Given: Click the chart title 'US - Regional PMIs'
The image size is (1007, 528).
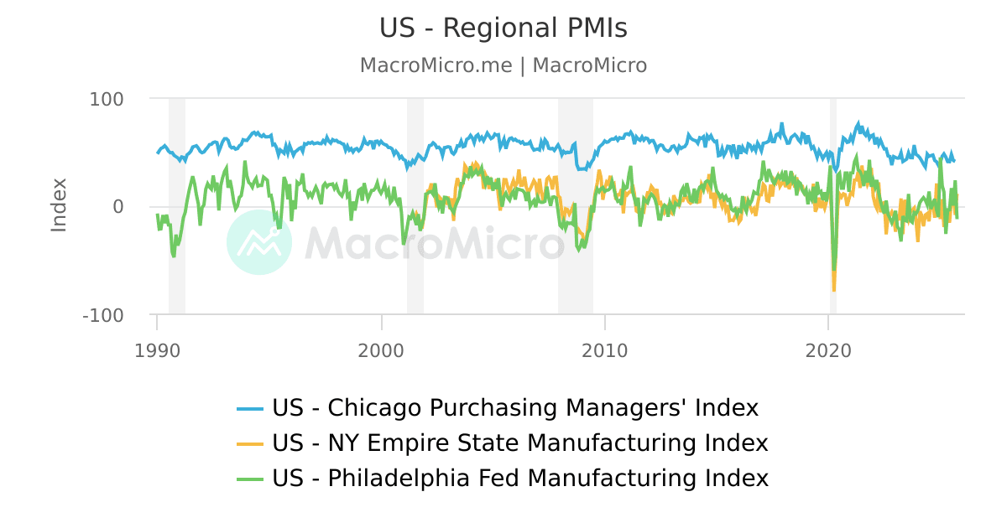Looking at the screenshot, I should pos(503,28).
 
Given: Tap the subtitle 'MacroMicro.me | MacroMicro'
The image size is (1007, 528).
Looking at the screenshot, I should pos(503,65).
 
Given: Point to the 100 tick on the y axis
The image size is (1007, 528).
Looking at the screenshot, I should pos(107,99).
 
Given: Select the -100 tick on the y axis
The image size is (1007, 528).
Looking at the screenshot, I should pos(103,315).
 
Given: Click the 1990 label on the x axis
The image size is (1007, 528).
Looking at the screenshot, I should pos(157,351).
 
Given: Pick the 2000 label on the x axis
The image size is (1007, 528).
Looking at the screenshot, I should pos(381,351).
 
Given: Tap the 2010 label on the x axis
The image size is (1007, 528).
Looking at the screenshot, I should pos(604,351).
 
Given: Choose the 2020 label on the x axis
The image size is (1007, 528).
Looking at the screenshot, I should pos(828,351).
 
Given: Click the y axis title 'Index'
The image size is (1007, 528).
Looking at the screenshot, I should pos(59,205).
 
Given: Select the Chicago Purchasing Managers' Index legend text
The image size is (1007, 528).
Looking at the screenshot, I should pos(515,408).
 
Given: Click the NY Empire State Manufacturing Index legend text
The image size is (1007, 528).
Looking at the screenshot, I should pos(520,443).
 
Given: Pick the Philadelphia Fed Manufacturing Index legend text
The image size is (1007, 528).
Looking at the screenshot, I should pos(520,479).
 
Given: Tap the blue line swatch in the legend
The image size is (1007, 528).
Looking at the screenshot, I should pos(251,409).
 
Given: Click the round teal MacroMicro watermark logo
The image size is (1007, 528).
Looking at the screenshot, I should pos(259,242).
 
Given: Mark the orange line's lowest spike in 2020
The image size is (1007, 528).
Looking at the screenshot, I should pos(834,290).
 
